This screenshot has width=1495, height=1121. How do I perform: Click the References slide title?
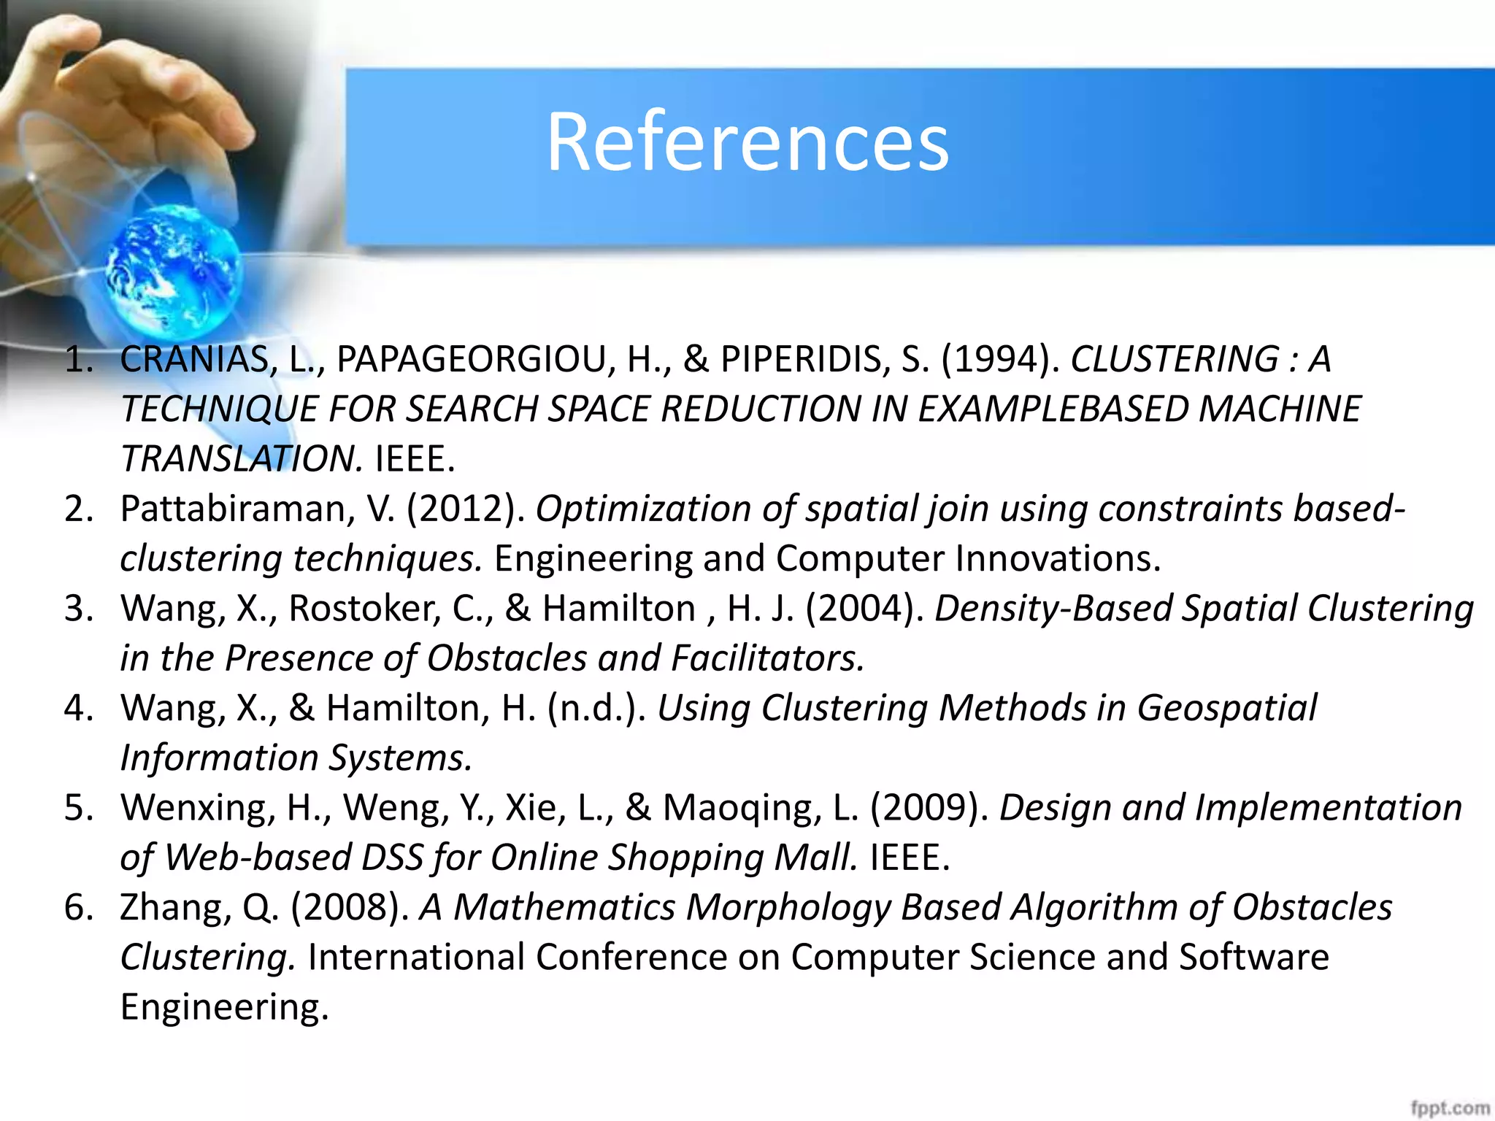click(x=747, y=142)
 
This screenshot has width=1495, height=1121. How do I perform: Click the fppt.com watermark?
click(x=1449, y=1108)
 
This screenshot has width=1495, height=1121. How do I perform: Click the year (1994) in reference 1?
click(x=1000, y=359)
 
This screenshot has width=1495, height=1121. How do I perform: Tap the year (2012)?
click(x=465, y=509)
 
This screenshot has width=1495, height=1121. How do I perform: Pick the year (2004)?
click(x=864, y=609)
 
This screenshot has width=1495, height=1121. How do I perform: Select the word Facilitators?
click(x=767, y=658)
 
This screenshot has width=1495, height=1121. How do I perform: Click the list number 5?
click(x=77, y=808)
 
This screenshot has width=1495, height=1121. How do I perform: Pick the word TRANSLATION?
click(x=241, y=459)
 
